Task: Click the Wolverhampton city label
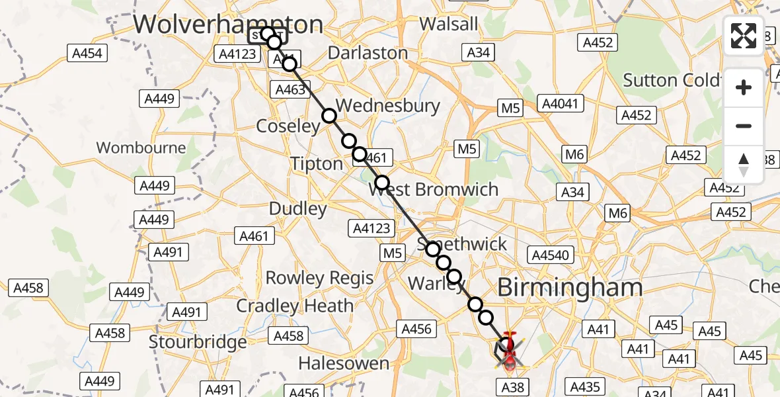pos(228,24)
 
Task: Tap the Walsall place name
pos(449,24)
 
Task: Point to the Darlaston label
pos(368,53)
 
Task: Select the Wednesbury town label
pos(388,106)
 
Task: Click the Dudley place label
pos(298,209)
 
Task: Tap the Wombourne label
pos(141,147)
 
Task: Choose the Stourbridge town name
pos(198,342)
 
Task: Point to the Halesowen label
pos(344,363)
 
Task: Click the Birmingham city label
pos(569,287)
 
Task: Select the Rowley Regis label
pos(320,278)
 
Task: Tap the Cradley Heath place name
pos(295,306)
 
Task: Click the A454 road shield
pos(87,53)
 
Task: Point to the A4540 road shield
pos(550,255)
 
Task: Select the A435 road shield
pos(584,386)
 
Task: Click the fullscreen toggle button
pos(744,36)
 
